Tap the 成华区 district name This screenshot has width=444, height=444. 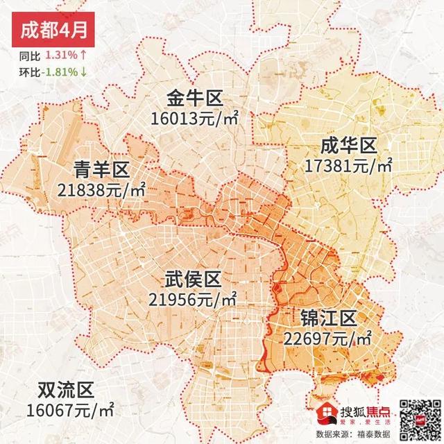pyautogui.click(x=348, y=146)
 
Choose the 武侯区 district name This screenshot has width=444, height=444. pyautogui.click(x=193, y=280)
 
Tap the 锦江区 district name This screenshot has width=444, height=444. pyautogui.click(x=328, y=318)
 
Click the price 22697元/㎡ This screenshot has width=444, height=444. pyautogui.click(x=328, y=339)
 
